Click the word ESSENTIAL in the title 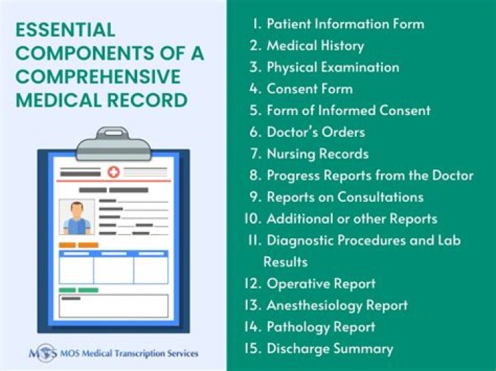click(x=65, y=30)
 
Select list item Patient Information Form click(x=344, y=24)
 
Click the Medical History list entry click(x=315, y=46)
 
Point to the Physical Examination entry click(x=332, y=67)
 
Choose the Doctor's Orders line click(x=316, y=132)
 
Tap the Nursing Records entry click(x=317, y=153)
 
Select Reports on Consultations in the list click(x=344, y=197)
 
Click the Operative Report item click(x=320, y=284)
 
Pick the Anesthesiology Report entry click(x=337, y=305)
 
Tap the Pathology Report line click(x=320, y=327)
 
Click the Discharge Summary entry click(x=329, y=348)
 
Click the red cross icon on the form click(x=113, y=171)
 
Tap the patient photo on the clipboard click(x=76, y=217)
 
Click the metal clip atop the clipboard click(x=112, y=144)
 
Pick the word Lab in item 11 click(x=448, y=240)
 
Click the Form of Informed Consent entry click(x=348, y=110)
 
